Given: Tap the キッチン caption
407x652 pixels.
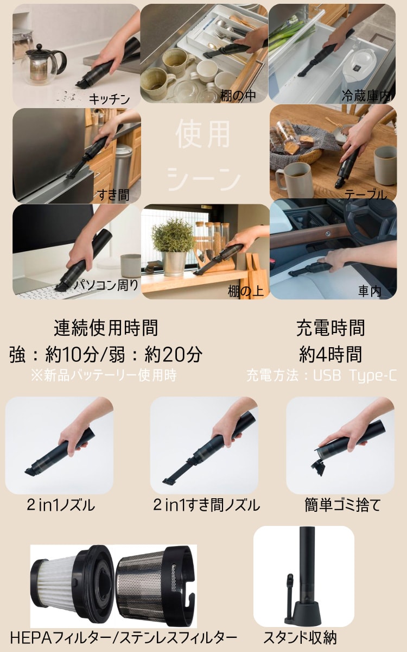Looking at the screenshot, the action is pos(109,99).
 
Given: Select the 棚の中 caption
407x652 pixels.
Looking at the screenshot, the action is pos(238,96).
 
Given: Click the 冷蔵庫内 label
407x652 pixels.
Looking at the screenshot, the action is pos(366,96).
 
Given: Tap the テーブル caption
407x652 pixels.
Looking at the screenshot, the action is pos(366,195).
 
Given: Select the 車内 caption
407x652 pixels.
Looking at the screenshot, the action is pos(370,291).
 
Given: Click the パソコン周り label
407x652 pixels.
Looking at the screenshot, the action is pos(106,285).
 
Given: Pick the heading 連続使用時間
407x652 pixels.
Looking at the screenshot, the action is pos(106,328).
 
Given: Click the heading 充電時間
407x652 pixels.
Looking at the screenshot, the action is pos(330,328).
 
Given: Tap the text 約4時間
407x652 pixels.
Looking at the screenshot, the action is pos(330,354).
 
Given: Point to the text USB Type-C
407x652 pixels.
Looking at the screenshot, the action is pos(355,375).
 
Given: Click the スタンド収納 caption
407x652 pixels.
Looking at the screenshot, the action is pos(300,637).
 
